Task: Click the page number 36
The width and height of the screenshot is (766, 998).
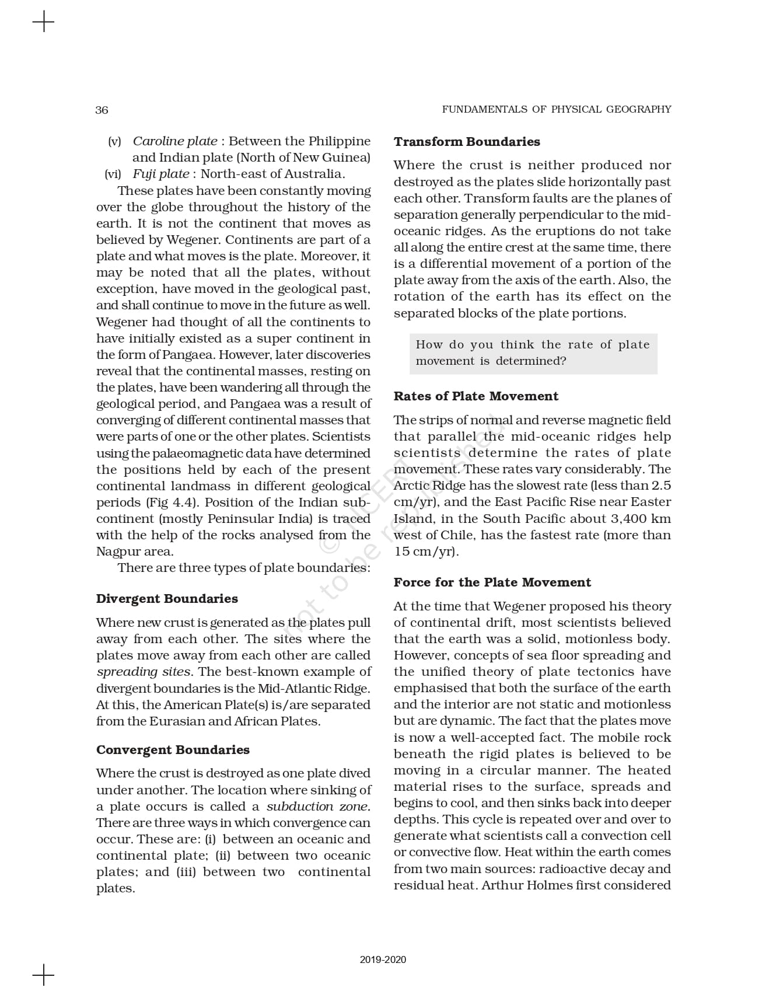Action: [x=102, y=110]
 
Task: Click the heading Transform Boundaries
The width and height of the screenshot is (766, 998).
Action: [x=467, y=142]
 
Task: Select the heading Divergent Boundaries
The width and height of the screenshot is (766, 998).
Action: [x=167, y=599]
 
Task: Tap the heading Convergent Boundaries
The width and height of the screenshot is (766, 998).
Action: [x=173, y=750]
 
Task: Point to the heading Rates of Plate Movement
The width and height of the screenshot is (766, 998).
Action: [x=476, y=396]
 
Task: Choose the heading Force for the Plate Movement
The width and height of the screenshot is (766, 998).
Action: [x=492, y=582]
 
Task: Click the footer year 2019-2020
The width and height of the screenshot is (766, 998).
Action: [x=383, y=960]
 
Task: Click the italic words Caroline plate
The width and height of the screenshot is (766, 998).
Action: [x=175, y=141]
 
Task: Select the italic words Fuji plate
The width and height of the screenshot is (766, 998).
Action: [x=160, y=174]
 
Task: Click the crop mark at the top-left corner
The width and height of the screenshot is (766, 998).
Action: [x=43, y=23]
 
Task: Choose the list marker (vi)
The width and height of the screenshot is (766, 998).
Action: [x=113, y=174]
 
